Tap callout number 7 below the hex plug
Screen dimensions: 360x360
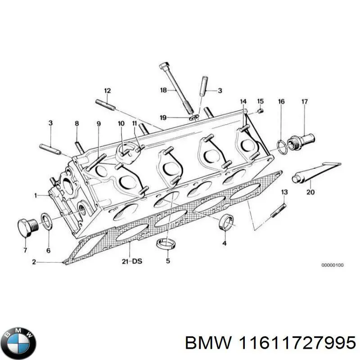pyautogui.click(x=25, y=250)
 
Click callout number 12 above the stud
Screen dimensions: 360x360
pyautogui.click(x=107, y=91)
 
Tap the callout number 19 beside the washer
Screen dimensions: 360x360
pyautogui.click(x=163, y=118)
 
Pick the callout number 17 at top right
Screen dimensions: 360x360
pyautogui.click(x=304, y=102)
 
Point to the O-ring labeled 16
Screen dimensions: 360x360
pyautogui.click(x=280, y=146)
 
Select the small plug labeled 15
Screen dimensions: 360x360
pyautogui.click(x=260, y=112)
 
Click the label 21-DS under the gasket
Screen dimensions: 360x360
pyautogui.click(x=131, y=261)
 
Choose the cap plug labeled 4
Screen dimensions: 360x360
pyautogui.click(x=225, y=222)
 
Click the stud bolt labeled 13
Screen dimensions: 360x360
pyautogui.click(x=278, y=211)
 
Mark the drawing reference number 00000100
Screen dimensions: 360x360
pyautogui.click(x=332, y=265)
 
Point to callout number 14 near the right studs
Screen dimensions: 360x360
pyautogui.click(x=243, y=101)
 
